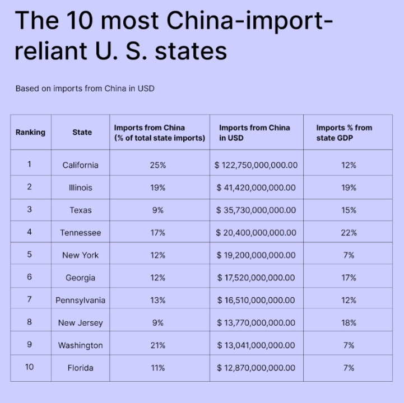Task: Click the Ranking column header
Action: pos(30,133)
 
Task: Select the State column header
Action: pos(82,133)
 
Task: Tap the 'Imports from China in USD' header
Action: pos(254,133)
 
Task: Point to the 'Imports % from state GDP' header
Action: pos(344,133)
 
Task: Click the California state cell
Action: pos(80,165)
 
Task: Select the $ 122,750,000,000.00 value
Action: pos(256,165)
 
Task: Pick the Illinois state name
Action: pos(80,188)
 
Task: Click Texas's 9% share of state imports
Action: pos(157,210)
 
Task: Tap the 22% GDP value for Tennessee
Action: pos(349,233)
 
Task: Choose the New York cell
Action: pos(80,255)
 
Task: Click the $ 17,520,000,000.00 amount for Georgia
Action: pos(256,278)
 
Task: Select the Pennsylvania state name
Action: pos(80,301)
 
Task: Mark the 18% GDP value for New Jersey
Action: pos(349,323)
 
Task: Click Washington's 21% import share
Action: pos(157,345)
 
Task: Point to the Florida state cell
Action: pos(80,368)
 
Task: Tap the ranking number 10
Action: pos(29,367)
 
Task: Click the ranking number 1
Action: pos(29,165)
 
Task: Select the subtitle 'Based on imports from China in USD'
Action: pos(85,88)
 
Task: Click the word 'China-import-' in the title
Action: pos(249,21)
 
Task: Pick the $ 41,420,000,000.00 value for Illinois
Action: pos(256,188)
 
